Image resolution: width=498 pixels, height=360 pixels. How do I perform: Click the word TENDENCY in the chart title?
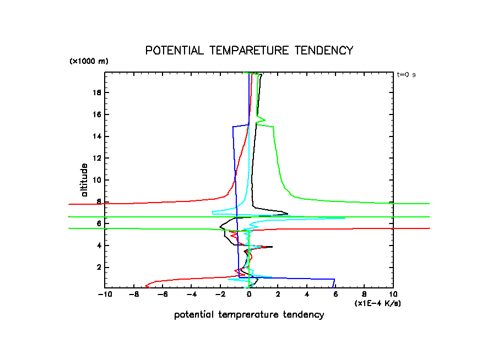pos(323,51)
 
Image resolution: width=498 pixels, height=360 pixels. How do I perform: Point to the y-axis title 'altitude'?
pos(84,180)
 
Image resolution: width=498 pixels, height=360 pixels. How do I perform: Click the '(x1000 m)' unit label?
pos(89,61)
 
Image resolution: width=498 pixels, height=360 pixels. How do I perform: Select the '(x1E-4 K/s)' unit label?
pos(377,303)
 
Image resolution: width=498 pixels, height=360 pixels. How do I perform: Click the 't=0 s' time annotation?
pos(406,75)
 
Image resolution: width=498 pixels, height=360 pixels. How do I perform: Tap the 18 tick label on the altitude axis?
pos(97,92)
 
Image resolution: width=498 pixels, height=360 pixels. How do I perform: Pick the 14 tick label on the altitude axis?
pos(97,137)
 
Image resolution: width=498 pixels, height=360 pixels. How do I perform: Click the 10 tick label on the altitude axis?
pos(97,180)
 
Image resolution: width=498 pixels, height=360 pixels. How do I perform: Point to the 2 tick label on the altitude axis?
pos(99,268)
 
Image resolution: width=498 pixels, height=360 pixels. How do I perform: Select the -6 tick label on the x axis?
pos(163,294)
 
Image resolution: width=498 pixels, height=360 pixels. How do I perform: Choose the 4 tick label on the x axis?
pos(307,294)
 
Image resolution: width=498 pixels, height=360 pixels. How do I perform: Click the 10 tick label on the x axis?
pos(393,294)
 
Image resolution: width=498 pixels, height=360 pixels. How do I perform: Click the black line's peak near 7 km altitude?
pos(288,212)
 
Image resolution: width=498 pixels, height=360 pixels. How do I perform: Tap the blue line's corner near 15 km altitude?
pos(232,127)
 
